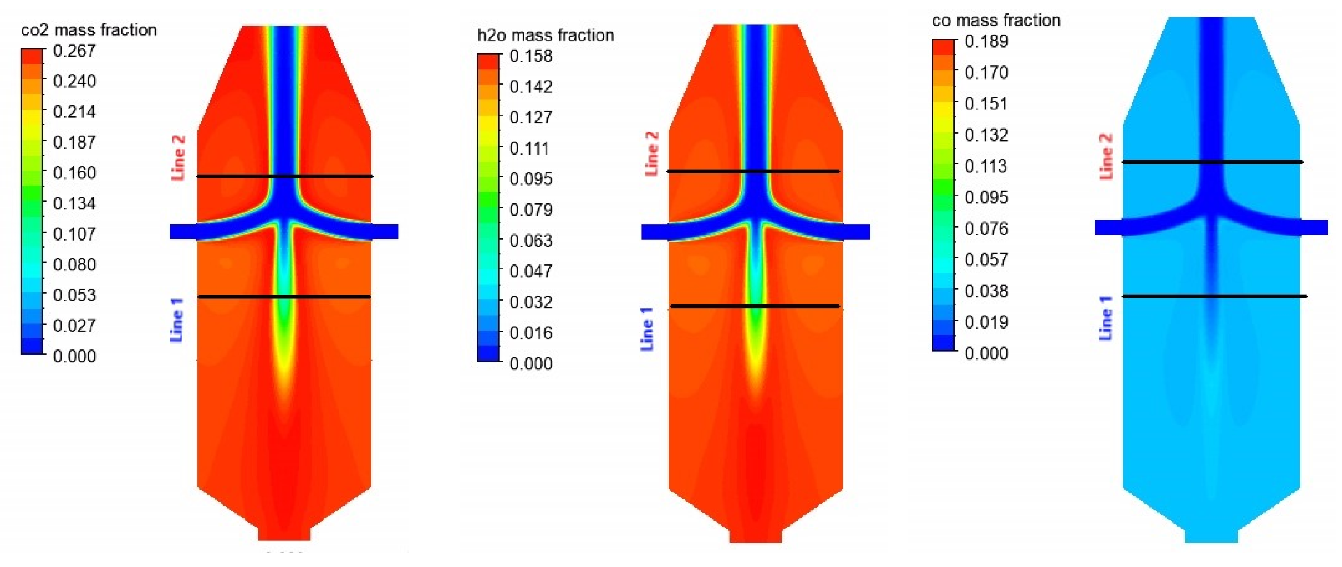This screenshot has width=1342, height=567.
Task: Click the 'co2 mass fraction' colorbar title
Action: [x=89, y=30]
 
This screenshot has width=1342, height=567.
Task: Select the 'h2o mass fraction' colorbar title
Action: [x=546, y=35]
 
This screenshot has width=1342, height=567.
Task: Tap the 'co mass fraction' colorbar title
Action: [x=996, y=20]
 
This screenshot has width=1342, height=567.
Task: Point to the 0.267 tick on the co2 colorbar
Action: [x=74, y=51]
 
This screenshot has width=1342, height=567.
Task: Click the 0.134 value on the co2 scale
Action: [x=74, y=203]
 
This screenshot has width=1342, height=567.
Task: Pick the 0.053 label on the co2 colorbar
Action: [x=74, y=295]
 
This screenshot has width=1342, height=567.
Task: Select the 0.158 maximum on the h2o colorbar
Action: [x=531, y=56]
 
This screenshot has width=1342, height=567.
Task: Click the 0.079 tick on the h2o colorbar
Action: [x=531, y=210]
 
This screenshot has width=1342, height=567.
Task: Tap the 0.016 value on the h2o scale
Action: [x=531, y=332]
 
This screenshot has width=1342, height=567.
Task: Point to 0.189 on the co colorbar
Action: [x=987, y=41]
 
